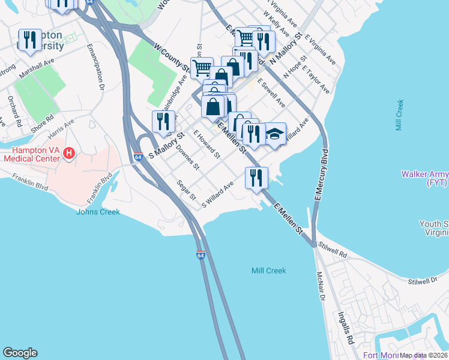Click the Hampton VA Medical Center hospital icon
pos(68,154)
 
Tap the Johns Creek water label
pos(98,212)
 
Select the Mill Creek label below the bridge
pos(268,271)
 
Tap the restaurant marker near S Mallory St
pos(163,122)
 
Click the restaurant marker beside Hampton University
pos(29,40)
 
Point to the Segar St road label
pos(187,190)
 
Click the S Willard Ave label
pos(217,195)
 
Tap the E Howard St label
pos(205,144)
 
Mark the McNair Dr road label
pos(321,288)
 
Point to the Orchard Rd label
pos(14,110)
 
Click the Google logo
pos(20,353)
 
